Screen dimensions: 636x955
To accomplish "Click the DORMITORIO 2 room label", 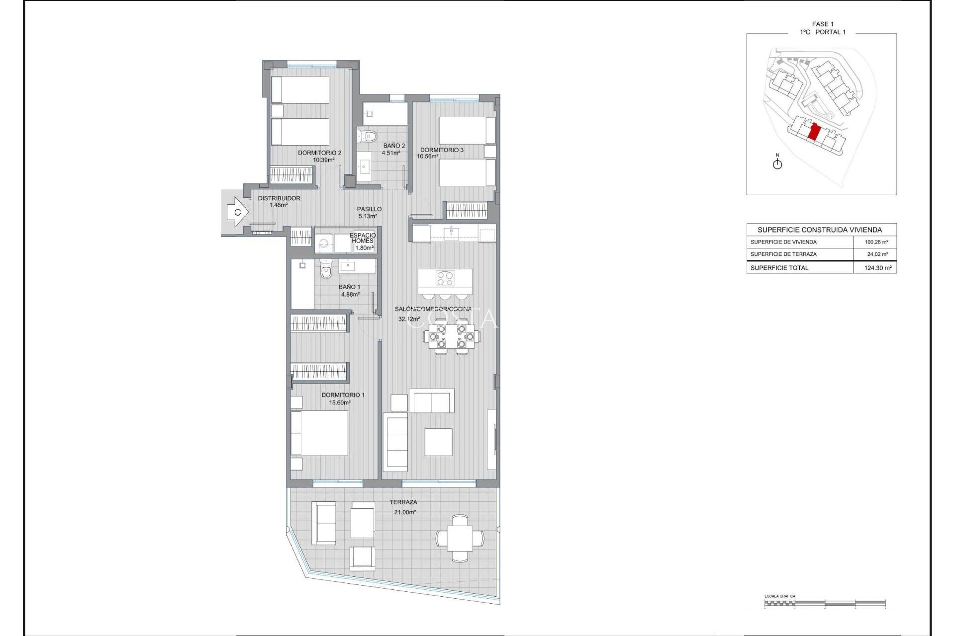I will coord(319,153).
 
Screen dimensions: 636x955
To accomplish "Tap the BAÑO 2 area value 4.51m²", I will coord(391,153).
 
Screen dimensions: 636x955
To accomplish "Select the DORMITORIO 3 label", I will coord(442,150).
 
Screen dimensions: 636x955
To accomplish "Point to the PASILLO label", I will coord(369,209).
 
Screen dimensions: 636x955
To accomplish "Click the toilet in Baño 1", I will coord(326,271).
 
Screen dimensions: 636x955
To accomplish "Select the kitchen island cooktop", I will coord(445,278).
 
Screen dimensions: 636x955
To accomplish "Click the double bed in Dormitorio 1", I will coord(319,433).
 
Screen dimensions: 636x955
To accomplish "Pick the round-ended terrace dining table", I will coord(460,538).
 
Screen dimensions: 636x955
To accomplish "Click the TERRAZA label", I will coord(403,502).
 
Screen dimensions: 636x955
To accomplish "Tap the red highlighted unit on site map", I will coord(814,133).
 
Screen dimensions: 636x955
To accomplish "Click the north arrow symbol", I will coord(777,162).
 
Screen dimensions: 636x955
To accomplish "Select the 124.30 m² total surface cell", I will coord(877,268).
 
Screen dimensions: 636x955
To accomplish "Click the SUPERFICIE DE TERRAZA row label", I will coord(783,254).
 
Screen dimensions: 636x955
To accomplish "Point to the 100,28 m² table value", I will coord(876,242).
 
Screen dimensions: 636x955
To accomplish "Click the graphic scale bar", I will coord(825,603).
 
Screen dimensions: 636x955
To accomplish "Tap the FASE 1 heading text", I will coord(823,24).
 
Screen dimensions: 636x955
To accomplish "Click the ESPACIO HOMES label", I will coord(362,238).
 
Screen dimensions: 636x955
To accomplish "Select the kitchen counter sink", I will coord(451,231).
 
